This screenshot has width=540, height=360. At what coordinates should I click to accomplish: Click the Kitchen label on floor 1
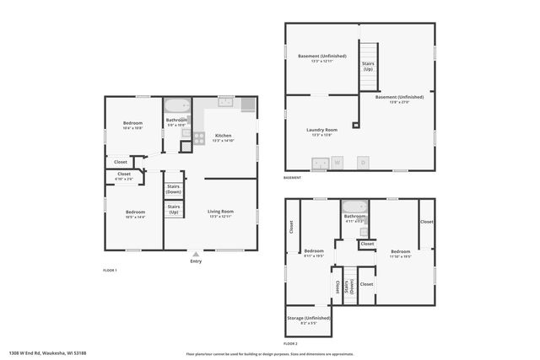(x=223, y=135)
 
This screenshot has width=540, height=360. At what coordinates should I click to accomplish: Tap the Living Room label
(x=221, y=211)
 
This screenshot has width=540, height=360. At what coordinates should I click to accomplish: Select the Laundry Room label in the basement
(x=322, y=129)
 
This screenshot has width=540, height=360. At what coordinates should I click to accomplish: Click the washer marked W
(x=336, y=161)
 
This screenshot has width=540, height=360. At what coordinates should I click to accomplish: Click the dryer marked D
(x=363, y=161)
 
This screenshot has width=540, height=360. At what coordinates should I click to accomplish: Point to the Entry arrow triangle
(x=197, y=252)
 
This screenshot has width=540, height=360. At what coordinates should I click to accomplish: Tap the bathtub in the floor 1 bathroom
(x=178, y=107)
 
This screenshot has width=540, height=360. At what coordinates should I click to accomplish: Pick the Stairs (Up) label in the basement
(x=368, y=66)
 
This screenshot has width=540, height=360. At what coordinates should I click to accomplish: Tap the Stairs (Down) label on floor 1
(x=173, y=189)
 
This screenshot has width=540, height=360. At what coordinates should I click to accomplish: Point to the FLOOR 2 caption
(x=291, y=345)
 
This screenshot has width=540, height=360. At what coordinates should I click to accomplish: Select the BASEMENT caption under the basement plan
(x=292, y=178)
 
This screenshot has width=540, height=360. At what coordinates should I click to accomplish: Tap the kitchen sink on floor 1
(x=225, y=103)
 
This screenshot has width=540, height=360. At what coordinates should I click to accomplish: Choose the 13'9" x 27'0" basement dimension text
(x=398, y=102)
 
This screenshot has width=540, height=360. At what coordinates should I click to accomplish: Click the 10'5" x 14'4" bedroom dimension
(x=136, y=218)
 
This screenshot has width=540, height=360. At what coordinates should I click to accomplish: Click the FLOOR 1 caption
(x=110, y=270)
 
